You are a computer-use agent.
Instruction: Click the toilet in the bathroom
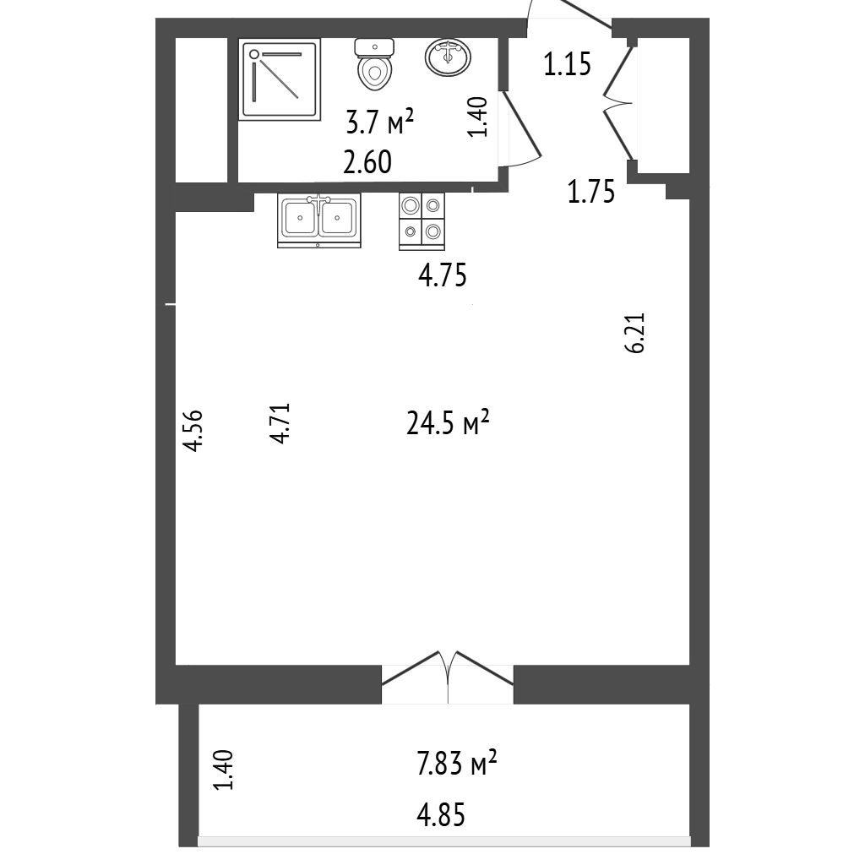375,64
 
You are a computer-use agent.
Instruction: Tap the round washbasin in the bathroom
448,57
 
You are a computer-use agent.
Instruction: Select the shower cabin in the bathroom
280,79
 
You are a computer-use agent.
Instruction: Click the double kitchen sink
318,220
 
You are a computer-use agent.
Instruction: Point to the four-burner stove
422,221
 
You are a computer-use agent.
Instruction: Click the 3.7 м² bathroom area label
380,122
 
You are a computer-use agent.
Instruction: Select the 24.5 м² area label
448,423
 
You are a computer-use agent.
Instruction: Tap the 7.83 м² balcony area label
457,763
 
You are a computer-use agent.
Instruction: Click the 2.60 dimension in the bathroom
367,162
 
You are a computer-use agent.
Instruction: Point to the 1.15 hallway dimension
567,64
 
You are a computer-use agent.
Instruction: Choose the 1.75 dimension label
591,193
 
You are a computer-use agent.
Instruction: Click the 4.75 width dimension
443,275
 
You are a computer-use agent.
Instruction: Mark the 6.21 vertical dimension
634,333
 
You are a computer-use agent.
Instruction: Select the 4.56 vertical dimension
193,431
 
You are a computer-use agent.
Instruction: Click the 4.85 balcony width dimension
441,815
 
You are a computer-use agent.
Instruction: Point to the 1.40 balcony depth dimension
223,770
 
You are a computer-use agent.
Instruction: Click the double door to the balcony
448,677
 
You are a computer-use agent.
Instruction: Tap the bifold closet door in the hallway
617,103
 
